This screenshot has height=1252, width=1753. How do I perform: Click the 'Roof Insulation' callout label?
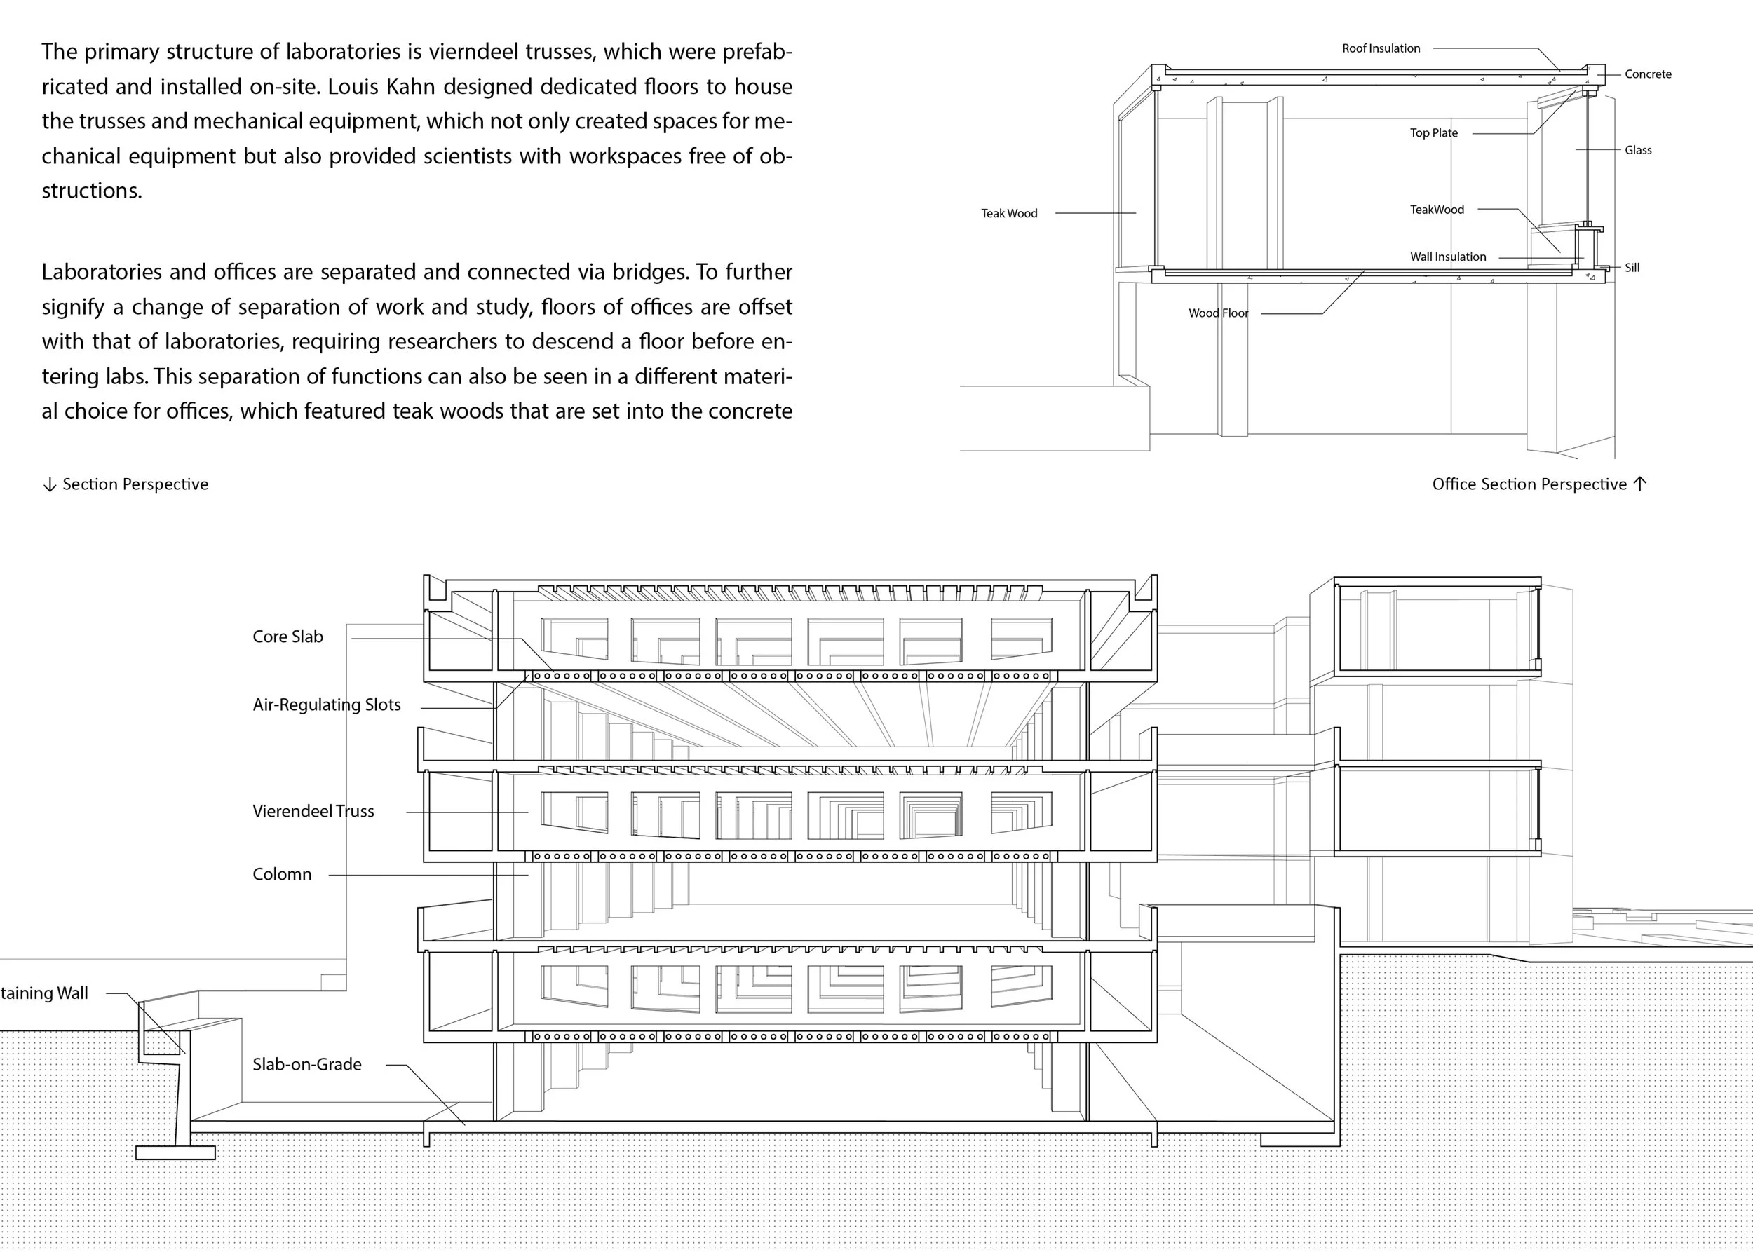coord(1381,48)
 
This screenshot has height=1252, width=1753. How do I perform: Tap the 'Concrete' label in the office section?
coord(1647,74)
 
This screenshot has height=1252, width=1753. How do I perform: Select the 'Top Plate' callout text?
coord(1434,132)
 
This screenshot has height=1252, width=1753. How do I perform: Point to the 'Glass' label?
coord(1637,150)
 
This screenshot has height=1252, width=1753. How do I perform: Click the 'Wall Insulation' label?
coord(1447,257)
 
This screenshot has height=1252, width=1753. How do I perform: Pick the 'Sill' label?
coord(1632,268)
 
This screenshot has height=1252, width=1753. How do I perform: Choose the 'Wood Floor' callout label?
coord(1218,313)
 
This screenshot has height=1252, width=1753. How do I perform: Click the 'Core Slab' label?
coord(287,637)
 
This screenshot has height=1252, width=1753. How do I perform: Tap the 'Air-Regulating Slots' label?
coord(326,705)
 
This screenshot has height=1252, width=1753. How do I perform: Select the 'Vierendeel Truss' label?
coord(313,811)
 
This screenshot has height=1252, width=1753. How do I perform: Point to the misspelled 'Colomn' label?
coord(283,874)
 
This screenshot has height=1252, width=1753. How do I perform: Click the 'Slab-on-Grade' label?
coord(307,1064)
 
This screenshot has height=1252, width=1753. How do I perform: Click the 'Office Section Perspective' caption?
coord(1529,484)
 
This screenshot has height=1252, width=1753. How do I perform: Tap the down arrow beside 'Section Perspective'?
coord(49,485)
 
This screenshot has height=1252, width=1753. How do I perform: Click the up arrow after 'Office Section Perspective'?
coord(1639,484)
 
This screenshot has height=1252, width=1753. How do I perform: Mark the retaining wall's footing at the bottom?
coord(175,1152)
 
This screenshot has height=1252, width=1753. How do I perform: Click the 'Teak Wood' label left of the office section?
coord(1009,214)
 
